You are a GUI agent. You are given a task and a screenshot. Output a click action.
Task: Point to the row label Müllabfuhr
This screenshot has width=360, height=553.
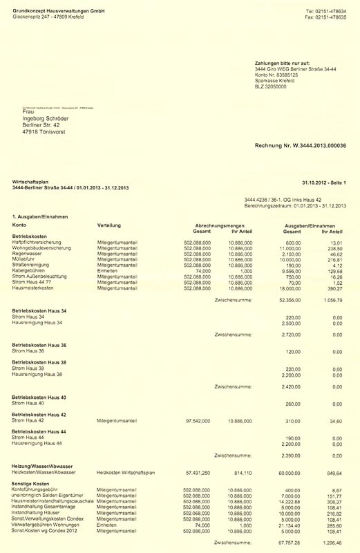(26, 259)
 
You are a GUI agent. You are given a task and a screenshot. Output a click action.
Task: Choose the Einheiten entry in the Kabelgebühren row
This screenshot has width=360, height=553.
(111, 271)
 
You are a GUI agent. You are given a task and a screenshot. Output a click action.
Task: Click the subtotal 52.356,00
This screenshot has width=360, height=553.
(290, 301)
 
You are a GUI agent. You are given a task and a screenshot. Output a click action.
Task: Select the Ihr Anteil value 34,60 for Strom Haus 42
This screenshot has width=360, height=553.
(335, 420)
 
